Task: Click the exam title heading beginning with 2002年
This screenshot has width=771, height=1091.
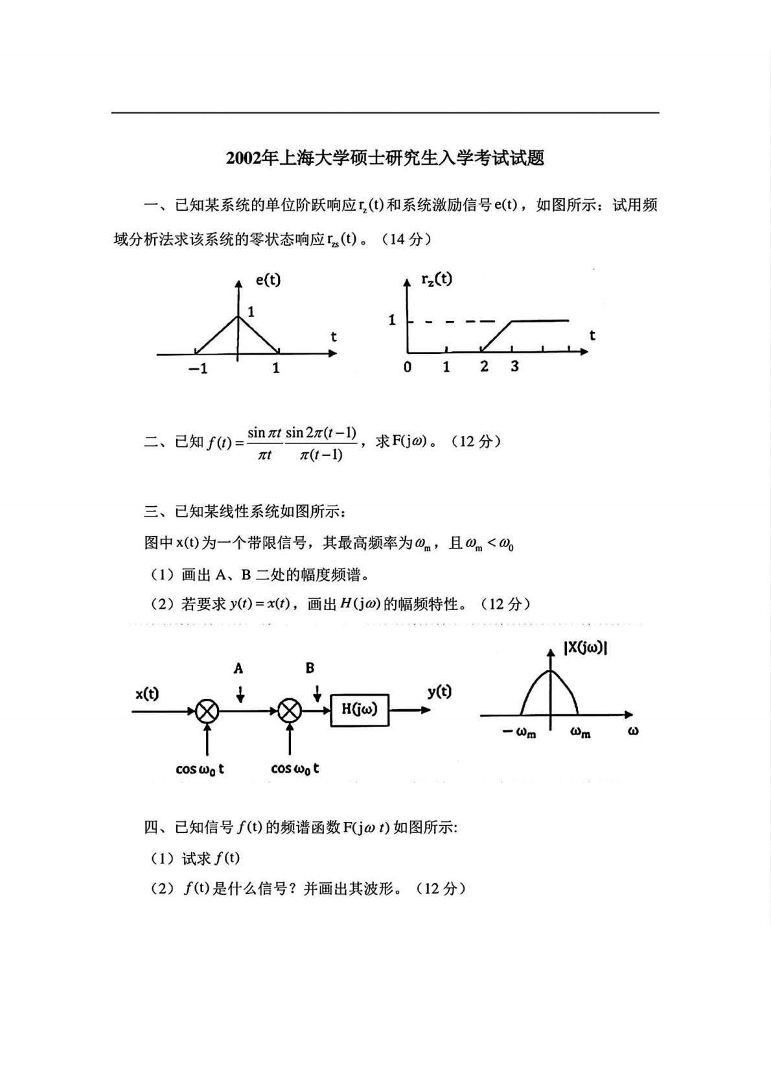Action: tap(385, 158)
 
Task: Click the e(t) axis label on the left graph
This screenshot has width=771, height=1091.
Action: tap(267, 280)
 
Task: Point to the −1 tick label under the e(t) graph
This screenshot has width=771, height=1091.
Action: tap(198, 368)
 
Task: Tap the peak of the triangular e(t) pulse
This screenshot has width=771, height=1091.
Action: tap(238, 316)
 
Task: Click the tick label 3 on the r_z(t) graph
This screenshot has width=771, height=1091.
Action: tap(514, 366)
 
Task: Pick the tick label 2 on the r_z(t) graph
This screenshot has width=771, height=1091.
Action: tap(484, 366)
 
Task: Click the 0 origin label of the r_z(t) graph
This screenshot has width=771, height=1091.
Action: tap(407, 367)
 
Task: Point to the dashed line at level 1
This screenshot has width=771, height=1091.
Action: tap(454, 320)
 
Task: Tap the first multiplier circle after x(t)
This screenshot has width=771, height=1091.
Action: tap(207, 711)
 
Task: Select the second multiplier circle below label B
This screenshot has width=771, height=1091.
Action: tap(290, 711)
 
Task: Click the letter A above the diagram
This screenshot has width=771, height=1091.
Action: tap(238, 668)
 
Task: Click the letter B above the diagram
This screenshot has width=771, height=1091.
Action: tap(310, 668)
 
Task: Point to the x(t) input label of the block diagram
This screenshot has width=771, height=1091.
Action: tap(147, 694)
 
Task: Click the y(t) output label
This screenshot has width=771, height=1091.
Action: tap(439, 692)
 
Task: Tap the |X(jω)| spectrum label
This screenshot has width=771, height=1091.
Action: tap(585, 648)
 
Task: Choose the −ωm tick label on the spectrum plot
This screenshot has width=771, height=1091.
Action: tap(520, 733)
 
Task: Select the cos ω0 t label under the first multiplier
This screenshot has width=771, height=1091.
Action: tap(200, 769)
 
